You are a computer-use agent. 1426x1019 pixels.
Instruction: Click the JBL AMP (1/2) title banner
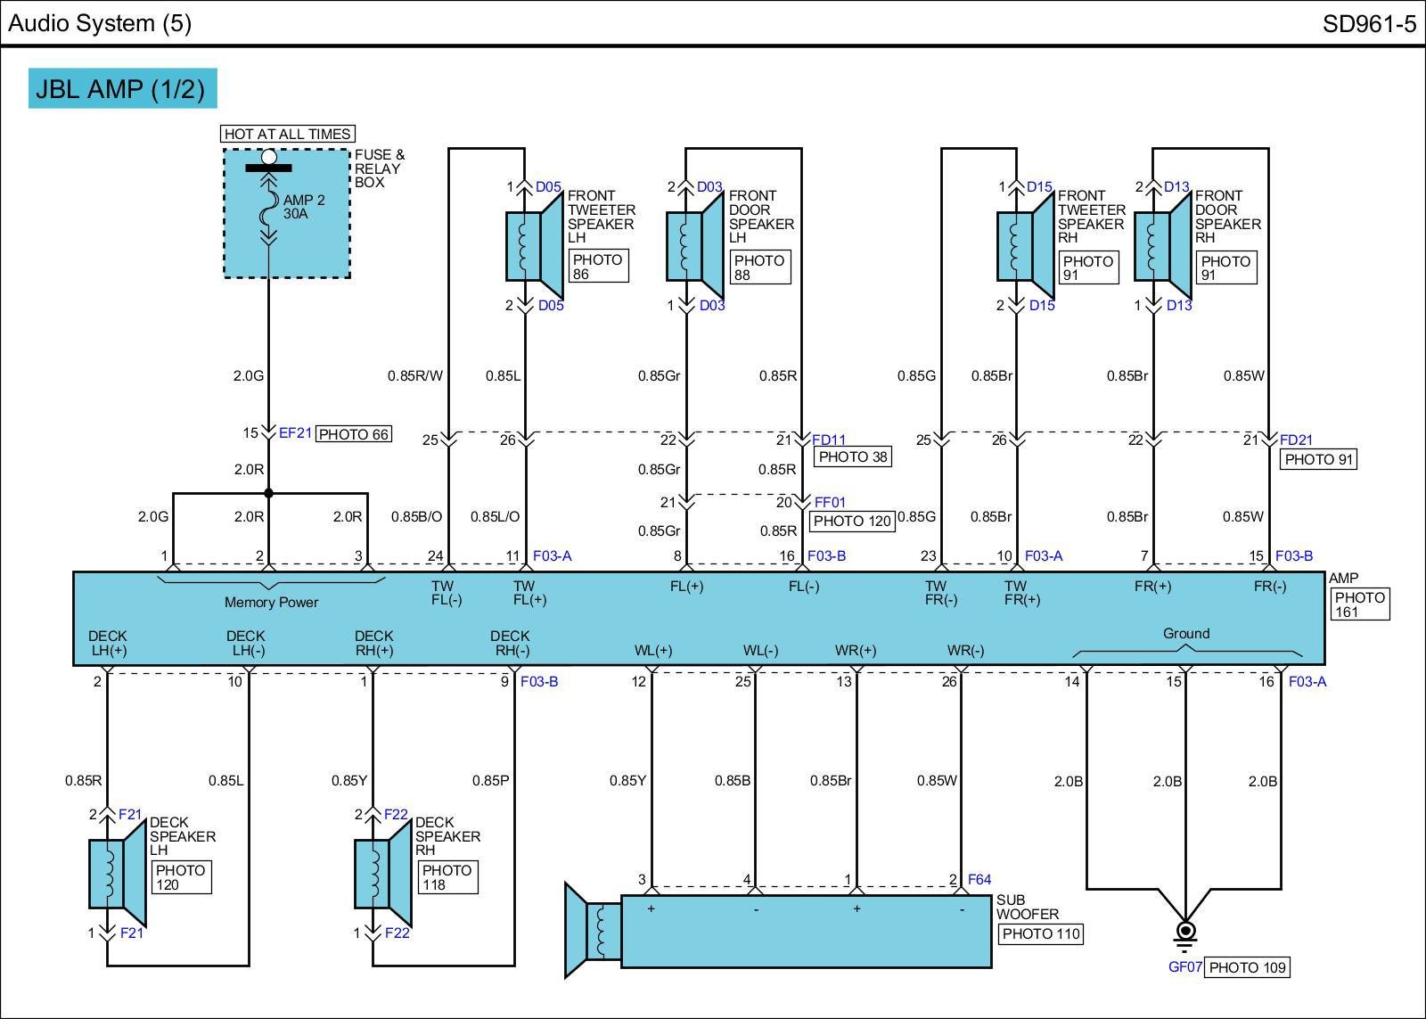[122, 88]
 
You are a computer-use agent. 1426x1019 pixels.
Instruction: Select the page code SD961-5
[1368, 23]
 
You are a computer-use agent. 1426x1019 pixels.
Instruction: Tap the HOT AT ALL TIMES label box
[287, 134]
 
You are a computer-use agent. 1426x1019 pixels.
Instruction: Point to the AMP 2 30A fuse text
[304, 207]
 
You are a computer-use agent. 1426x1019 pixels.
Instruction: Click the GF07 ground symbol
[1185, 934]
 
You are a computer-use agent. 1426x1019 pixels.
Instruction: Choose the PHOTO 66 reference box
[354, 434]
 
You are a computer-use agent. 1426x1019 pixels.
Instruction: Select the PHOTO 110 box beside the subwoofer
[1040, 934]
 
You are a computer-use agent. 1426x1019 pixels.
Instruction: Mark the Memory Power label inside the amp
[271, 602]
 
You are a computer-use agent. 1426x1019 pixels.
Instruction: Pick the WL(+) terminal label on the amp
[652, 650]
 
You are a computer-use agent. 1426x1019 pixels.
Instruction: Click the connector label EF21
[295, 433]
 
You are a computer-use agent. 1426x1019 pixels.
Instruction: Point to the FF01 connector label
[830, 502]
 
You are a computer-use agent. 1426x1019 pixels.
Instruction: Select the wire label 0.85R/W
[414, 375]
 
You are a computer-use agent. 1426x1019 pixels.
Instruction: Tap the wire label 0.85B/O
[416, 516]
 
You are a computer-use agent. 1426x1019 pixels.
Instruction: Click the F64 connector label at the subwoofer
[979, 879]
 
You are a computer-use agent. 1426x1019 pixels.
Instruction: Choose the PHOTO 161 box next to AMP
[1359, 604]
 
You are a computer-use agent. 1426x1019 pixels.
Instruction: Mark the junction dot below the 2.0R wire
[268, 493]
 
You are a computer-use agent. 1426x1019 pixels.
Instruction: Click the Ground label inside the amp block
[1185, 633]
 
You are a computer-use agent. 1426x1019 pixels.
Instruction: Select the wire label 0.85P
[490, 780]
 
